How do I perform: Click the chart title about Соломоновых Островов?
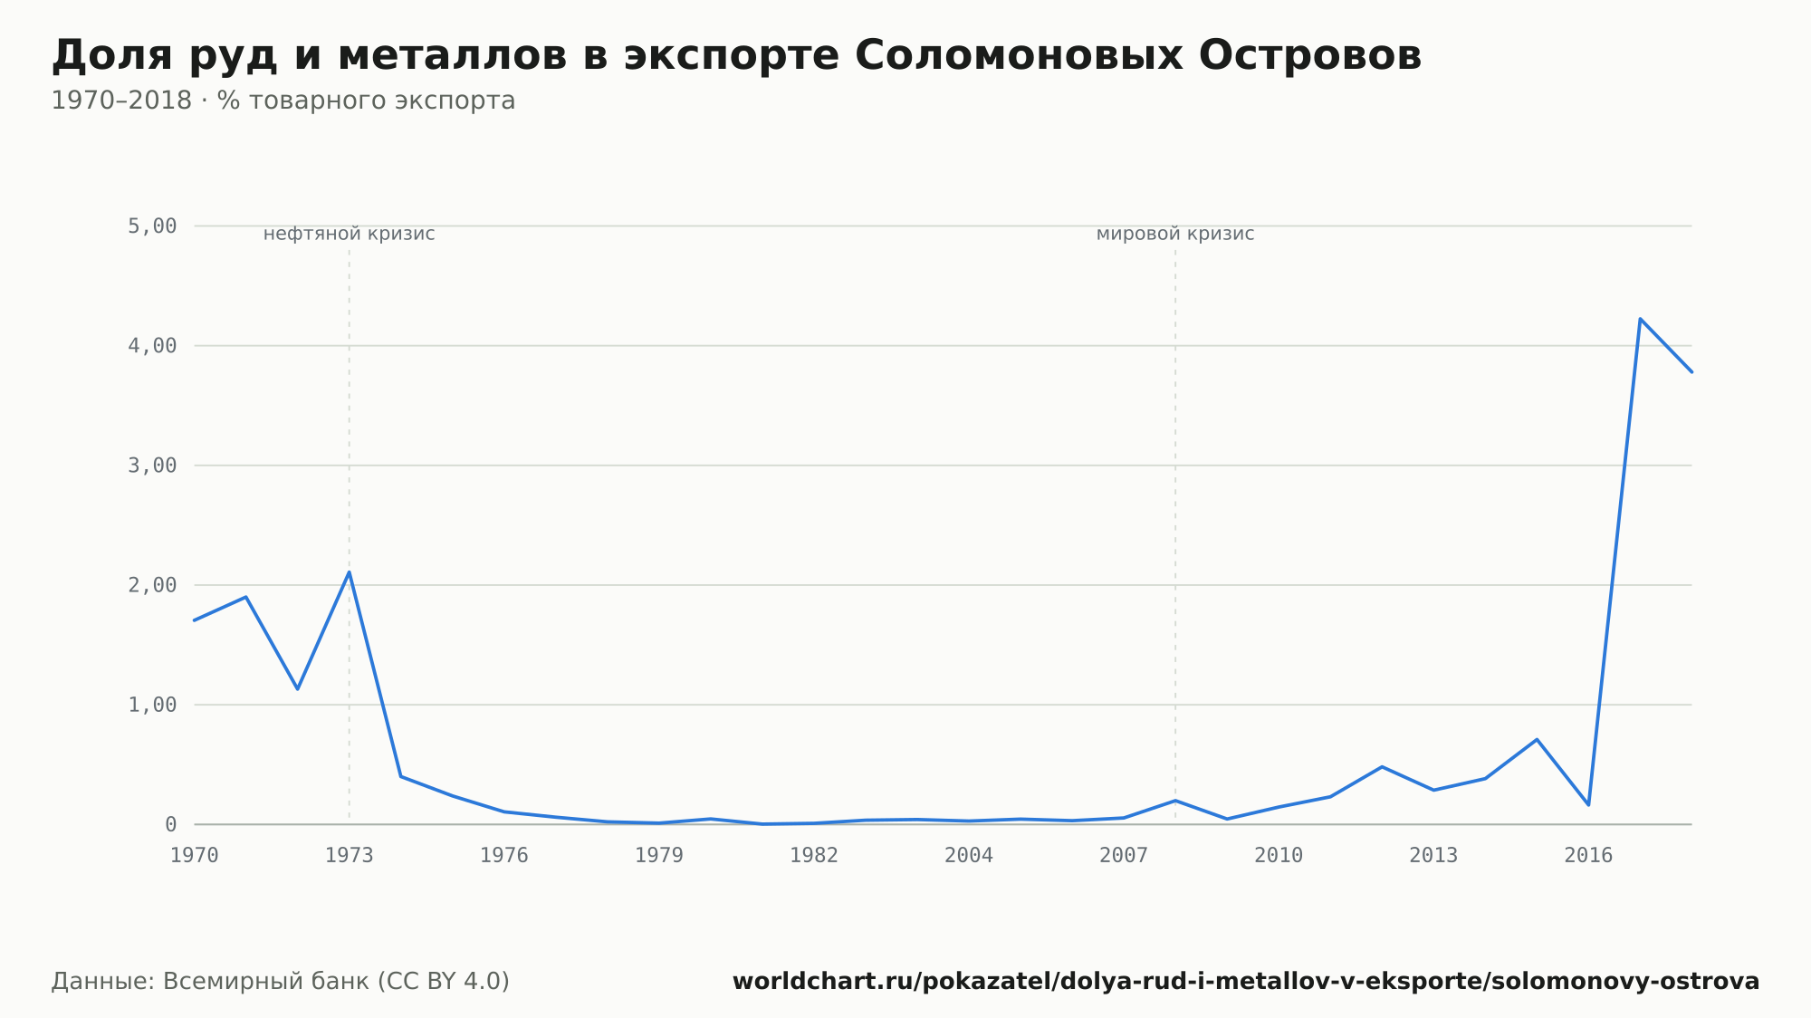pos(736,56)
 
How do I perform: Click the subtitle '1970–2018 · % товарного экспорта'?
pos(283,101)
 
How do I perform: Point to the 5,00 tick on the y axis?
pos(152,226)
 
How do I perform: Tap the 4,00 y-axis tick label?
pos(152,345)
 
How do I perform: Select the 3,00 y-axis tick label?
pos(152,466)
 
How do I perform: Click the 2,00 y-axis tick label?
pos(152,585)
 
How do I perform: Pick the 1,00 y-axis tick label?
pos(152,705)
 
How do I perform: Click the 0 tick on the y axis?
pos(170,824)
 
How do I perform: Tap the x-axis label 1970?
pos(195,856)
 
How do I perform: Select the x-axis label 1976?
pos(504,856)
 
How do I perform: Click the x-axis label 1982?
pos(814,856)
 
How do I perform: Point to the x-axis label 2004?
pos(969,856)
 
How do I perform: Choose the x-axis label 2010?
pos(1279,856)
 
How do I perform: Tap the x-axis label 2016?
pos(1588,856)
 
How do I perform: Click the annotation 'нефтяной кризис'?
pos(350,234)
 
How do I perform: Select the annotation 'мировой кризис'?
pos(1175,234)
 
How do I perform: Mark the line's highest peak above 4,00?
pos(1640,319)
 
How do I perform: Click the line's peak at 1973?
pos(350,571)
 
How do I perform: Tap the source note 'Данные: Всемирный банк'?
pos(281,982)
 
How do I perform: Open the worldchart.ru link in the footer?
pos(1246,982)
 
